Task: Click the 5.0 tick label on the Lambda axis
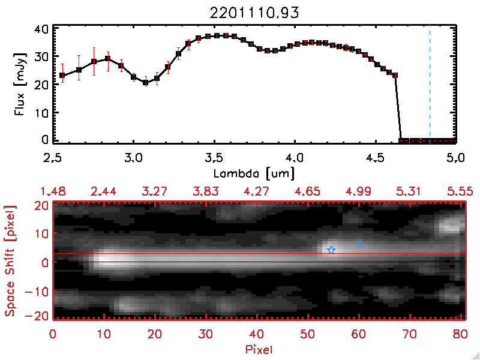pyautogui.click(x=456, y=158)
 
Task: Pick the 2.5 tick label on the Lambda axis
pyautogui.click(x=53, y=158)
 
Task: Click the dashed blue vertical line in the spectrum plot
pyautogui.click(x=430, y=84)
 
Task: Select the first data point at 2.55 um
pyautogui.click(x=62, y=75)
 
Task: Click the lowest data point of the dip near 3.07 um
pyautogui.click(x=145, y=82)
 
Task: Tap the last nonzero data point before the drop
pyautogui.click(x=395, y=75)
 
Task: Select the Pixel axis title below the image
pyautogui.click(x=260, y=347)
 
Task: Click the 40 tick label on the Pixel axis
pyautogui.click(x=257, y=334)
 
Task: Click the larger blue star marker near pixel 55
pyautogui.click(x=331, y=250)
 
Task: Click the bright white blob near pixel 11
pyautogui.click(x=108, y=260)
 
